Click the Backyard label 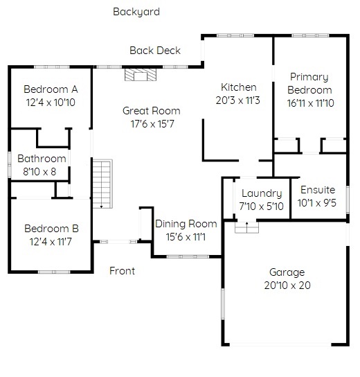136,12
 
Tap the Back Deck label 155,51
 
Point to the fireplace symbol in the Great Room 141,75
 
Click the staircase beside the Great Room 102,184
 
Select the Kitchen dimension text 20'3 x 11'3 237,100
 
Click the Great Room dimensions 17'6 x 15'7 152,124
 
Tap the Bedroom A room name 51,89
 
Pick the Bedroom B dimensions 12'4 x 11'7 51,242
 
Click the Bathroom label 42,159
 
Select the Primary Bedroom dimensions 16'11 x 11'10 311,103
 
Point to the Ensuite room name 318,190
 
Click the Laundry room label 262,193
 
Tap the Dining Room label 186,224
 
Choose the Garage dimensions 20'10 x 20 287,286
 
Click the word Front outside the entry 122,271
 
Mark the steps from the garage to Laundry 246,227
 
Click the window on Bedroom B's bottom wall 54,272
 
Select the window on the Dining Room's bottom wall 188,256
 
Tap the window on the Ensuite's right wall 348,200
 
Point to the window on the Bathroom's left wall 10,164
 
